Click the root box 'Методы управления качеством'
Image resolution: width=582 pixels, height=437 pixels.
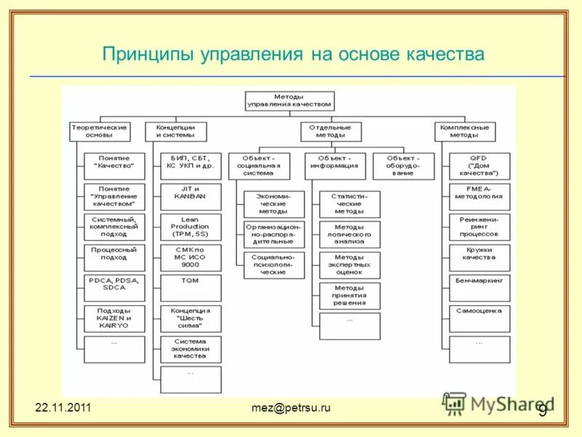tap(289, 101)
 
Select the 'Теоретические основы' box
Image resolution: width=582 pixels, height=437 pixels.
tap(99, 131)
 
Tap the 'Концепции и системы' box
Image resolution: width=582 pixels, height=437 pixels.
tap(175, 131)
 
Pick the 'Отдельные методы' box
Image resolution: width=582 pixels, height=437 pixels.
tap(330, 131)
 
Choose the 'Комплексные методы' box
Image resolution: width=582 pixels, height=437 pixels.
tap(464, 131)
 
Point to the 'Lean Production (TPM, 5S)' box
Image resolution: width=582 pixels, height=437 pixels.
tap(190, 227)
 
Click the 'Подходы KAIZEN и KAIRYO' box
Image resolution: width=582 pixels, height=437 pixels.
tap(113, 318)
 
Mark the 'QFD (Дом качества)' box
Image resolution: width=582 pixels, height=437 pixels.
tap(479, 166)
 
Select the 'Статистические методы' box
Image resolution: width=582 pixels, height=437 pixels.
tap(349, 203)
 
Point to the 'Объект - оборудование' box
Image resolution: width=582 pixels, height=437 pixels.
tap(403, 166)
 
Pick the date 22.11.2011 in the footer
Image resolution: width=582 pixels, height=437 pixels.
tap(63, 408)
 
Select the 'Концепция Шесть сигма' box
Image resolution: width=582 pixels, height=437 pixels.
tap(190, 318)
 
